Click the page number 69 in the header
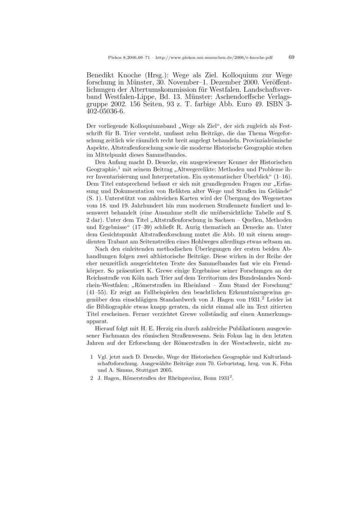pos(291,57)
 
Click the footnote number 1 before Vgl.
pos(92,356)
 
